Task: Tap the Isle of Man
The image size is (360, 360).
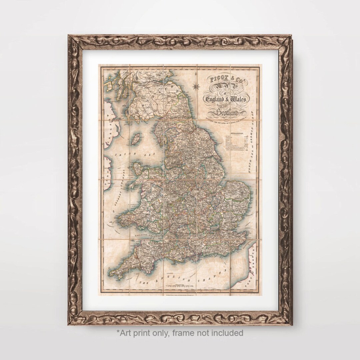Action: [135, 139]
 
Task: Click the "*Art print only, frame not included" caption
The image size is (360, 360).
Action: [180, 333]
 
